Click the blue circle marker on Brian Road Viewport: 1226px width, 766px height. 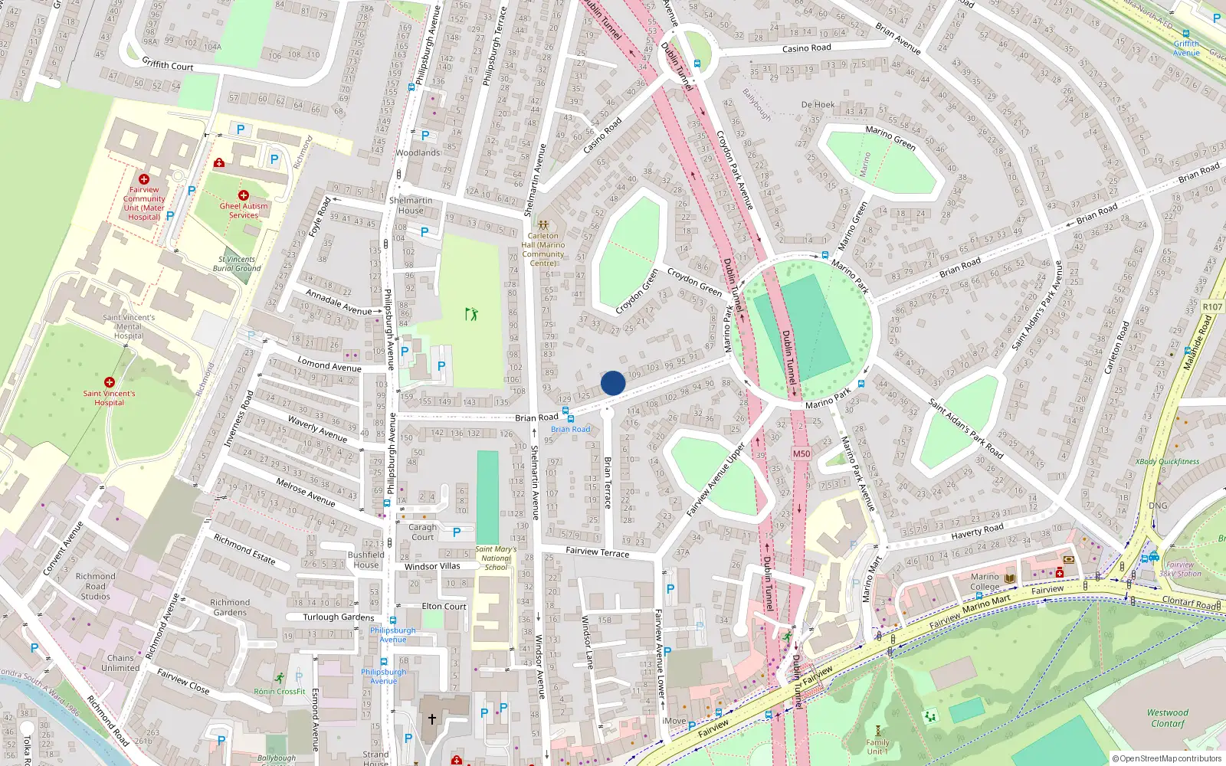tap(613, 383)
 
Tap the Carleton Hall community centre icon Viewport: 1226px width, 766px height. tap(543, 226)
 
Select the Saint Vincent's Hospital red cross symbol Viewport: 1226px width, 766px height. tap(110, 382)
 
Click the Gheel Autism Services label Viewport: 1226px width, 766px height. tap(244, 211)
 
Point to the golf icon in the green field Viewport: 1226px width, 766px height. tap(471, 314)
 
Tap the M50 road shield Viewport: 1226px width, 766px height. tap(801, 453)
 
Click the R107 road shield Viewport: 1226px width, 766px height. tap(1212, 306)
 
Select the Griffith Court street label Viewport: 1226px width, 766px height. tap(168, 65)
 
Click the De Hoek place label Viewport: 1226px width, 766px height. tap(818, 105)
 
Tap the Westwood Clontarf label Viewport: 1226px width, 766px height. tap(1168, 718)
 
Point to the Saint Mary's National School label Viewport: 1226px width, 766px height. tap(496, 558)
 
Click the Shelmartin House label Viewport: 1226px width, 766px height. tap(411, 205)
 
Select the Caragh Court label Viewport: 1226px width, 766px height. tap(422, 532)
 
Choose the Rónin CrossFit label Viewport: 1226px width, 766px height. tap(280, 691)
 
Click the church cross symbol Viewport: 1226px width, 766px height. tap(431, 719)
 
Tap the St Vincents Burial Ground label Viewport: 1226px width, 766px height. tap(237, 264)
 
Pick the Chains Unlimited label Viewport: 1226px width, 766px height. tap(120, 663)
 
